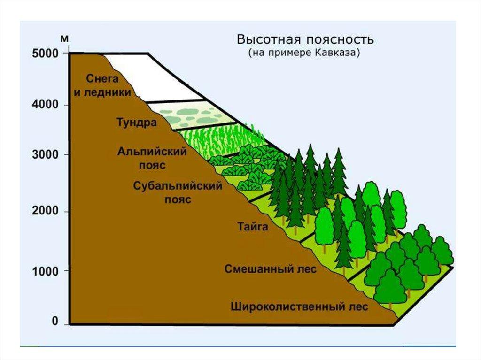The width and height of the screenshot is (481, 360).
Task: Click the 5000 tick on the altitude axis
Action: pos(45,54)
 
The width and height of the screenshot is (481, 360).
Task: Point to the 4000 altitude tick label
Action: pos(45,105)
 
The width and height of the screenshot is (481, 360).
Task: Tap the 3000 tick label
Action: pos(45,155)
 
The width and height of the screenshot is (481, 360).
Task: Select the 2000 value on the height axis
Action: pos(45,212)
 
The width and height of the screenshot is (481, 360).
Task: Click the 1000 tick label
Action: pos(45,271)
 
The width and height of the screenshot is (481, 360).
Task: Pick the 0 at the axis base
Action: pos(54,322)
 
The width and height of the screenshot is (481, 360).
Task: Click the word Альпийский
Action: pos(152,152)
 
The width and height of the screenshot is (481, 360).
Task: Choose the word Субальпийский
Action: pos(177,185)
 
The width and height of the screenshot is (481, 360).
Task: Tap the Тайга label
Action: pos(252,227)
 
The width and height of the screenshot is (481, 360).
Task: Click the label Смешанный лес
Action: pos(270,269)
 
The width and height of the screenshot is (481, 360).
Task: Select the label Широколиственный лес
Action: pos(299,307)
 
